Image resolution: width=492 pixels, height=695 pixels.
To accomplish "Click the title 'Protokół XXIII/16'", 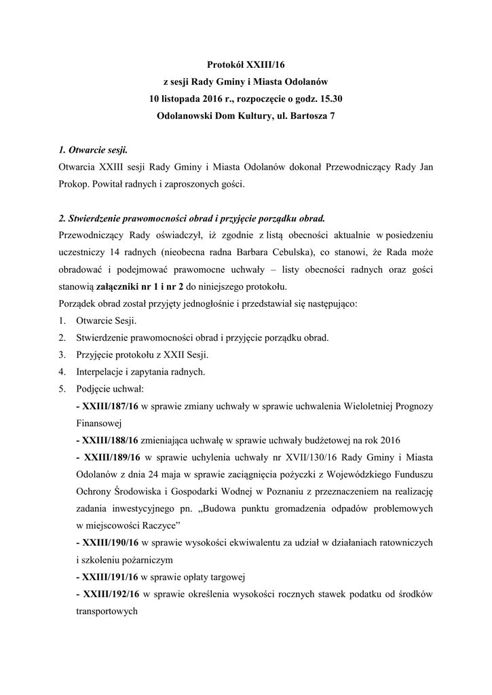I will (x=246, y=65).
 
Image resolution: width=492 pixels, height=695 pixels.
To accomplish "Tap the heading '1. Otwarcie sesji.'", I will (x=93, y=149).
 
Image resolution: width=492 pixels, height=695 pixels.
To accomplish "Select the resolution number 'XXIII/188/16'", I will (x=110, y=439).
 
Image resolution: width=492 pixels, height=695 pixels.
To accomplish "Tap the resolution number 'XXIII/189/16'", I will (x=111, y=456).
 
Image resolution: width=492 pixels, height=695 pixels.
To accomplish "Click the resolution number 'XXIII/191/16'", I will (x=110, y=577).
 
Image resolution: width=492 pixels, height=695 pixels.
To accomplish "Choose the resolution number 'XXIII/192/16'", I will (x=111, y=594).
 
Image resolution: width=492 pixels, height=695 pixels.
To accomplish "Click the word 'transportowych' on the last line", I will (x=107, y=611).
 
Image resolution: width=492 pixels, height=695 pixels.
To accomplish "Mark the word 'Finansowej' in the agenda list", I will (x=99, y=422).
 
